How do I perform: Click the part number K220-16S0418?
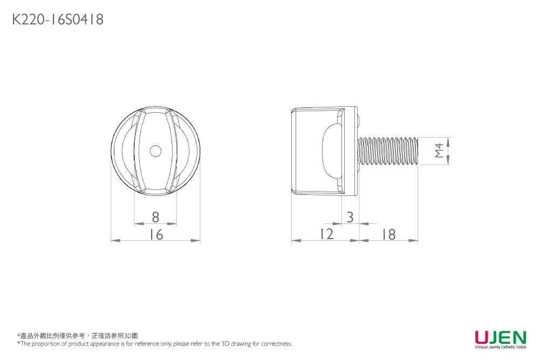tap(58, 20)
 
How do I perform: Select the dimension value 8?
tap(155, 217)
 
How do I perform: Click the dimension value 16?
tap(156, 235)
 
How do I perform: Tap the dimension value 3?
tap(350, 217)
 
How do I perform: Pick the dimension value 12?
tap(326, 234)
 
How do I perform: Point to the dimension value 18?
tap(388, 234)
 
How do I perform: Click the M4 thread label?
tap(439, 151)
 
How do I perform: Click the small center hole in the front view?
tap(155, 151)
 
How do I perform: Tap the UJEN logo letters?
tap(500, 338)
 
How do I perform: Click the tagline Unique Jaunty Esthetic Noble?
tap(500, 347)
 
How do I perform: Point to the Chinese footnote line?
tap(78, 336)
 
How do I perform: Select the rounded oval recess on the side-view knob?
tap(331, 151)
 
